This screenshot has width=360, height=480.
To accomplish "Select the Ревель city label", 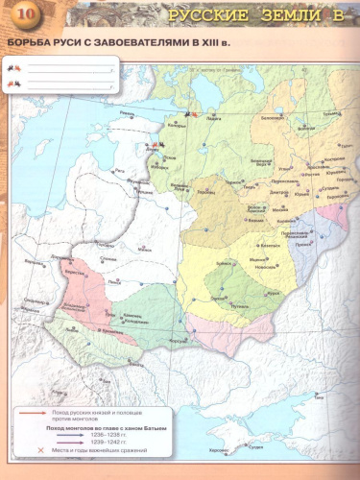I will tap(128, 112).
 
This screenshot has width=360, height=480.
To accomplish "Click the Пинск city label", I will tap(115, 282).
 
